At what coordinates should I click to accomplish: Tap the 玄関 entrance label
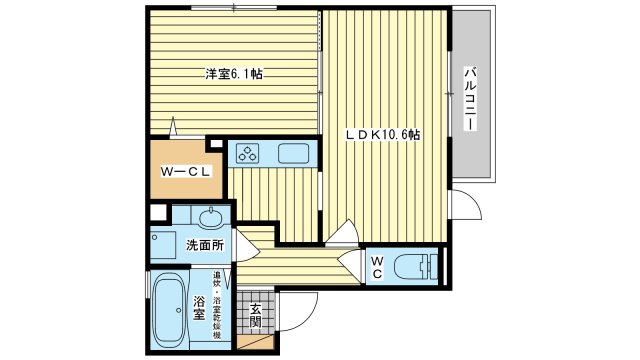click(x=256, y=315)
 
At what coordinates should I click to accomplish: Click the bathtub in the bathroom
click(x=167, y=310)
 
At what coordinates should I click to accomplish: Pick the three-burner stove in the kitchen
click(x=248, y=153)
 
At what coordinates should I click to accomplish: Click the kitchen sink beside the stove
click(x=293, y=153)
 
